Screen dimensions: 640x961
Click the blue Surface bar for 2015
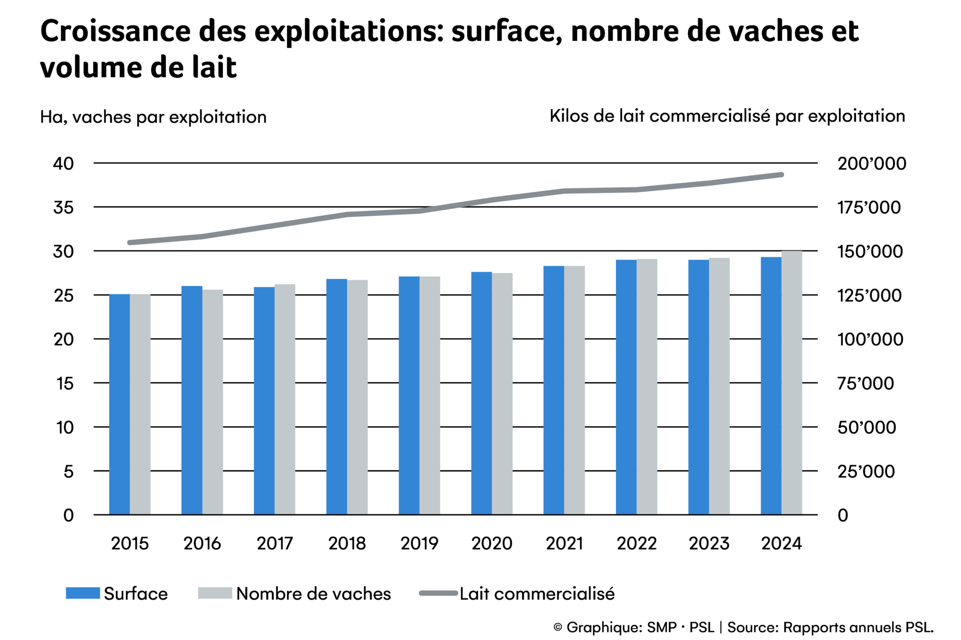click(119, 404)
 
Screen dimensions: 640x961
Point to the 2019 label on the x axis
click(419, 544)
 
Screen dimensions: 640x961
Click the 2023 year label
click(709, 544)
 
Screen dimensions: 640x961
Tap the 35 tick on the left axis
click(63, 208)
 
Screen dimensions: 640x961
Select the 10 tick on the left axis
click(65, 427)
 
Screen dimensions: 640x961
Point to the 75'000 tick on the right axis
click(865, 384)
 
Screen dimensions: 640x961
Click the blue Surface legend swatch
click(83, 593)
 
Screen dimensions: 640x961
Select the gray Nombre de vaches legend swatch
click(215, 593)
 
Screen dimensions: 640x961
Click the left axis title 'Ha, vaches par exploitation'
click(153, 117)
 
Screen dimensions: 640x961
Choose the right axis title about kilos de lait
click(727, 116)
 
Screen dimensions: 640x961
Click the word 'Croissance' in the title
click(116, 31)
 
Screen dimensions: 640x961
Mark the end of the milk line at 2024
click(781, 175)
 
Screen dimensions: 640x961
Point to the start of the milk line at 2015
click(130, 243)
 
